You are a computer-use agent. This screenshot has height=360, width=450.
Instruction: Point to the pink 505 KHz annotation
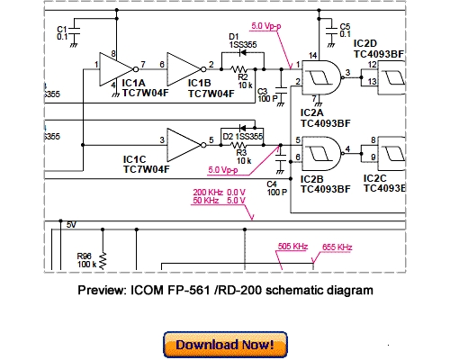[293, 246]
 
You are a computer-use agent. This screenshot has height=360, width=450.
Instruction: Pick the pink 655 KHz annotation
[337, 246]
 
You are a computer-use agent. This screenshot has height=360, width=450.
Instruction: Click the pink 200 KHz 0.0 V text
[219, 193]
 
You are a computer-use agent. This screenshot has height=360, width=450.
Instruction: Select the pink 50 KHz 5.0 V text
[219, 202]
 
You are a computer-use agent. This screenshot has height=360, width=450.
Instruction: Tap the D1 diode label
[235, 36]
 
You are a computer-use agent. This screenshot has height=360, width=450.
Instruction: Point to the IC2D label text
[366, 43]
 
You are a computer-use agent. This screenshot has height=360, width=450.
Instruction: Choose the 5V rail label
[72, 224]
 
